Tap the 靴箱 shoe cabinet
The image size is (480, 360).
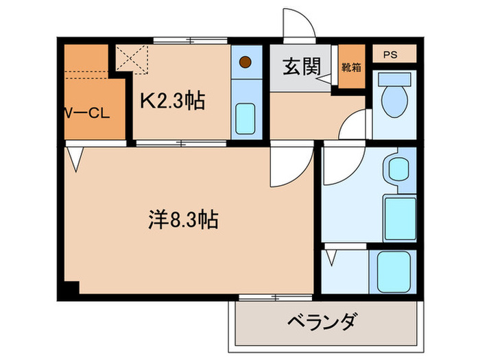tap(352, 67)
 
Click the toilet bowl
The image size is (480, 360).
tap(394, 100)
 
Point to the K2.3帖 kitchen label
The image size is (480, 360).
tap(172, 102)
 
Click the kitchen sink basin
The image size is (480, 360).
tap(245, 119)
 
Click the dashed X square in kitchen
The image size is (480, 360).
tap(132, 58)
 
